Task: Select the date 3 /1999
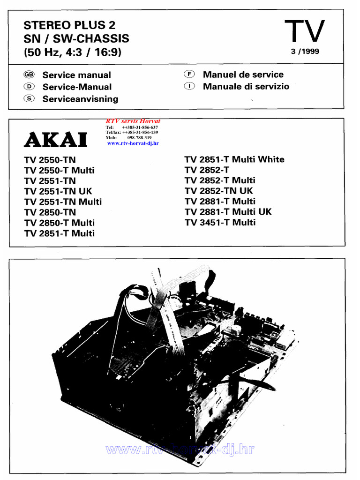[305, 52]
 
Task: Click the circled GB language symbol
[29, 75]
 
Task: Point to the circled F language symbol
[189, 75]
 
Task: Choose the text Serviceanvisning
[80, 99]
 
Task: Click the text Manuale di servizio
[246, 86]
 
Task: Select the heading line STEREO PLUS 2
[69, 25]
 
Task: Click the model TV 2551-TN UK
[58, 191]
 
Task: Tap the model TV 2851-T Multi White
[234, 159]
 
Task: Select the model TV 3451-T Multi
[220, 222]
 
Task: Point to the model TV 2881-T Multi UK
[228, 212]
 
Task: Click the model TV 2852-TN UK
[219, 191]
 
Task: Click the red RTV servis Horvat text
[133, 121]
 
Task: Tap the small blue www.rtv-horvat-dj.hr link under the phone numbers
[133, 143]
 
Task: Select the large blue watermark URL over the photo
[180, 450]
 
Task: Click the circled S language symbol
[29, 98]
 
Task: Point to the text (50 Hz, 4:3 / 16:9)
[73, 52]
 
